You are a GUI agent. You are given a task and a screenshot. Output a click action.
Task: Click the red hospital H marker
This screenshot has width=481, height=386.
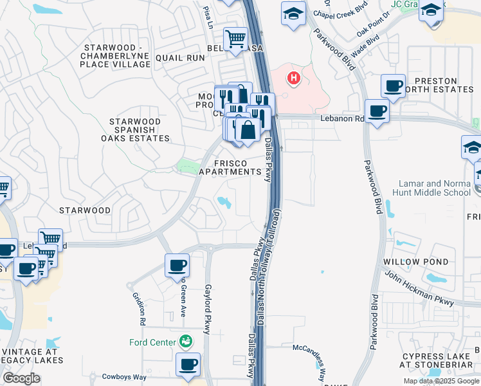click(x=294, y=78)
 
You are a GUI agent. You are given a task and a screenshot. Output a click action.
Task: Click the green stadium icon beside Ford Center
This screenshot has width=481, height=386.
click(x=186, y=341)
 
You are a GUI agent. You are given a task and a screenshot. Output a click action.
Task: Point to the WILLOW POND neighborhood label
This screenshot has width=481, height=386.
click(x=415, y=262)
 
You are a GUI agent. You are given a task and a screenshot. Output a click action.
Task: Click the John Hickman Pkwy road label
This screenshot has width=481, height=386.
click(x=419, y=287)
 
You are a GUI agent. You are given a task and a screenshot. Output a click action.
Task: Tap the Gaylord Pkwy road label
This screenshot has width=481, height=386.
click(x=207, y=309)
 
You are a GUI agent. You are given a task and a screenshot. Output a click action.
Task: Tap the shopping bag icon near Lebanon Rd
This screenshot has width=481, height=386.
click(x=247, y=129)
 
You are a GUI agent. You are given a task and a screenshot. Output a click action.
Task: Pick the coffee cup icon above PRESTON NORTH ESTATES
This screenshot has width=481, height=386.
click(x=392, y=86)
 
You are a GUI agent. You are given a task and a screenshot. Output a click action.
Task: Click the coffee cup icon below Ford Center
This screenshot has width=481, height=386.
click(x=188, y=364)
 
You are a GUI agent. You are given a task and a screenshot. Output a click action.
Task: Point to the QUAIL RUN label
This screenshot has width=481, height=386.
click(x=184, y=57)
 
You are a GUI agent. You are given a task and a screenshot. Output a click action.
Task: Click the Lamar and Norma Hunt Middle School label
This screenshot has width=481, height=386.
click(x=439, y=188)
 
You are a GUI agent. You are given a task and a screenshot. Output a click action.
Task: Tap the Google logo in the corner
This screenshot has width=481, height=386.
click(x=22, y=378)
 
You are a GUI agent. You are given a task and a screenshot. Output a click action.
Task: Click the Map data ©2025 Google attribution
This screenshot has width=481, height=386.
click(x=440, y=381)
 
